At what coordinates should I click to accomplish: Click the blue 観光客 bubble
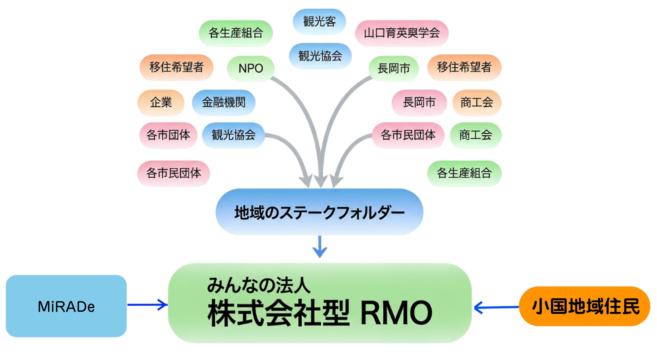(x=319, y=21)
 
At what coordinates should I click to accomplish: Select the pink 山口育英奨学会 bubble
(x=402, y=33)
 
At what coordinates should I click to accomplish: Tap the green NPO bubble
(x=251, y=68)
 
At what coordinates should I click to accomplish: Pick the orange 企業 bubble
(x=161, y=102)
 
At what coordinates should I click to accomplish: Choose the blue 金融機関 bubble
(x=224, y=102)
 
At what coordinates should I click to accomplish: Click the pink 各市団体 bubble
(x=168, y=135)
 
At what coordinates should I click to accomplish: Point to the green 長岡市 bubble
(x=394, y=68)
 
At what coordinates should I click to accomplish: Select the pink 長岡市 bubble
(x=419, y=102)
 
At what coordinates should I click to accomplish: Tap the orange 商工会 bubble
(x=476, y=102)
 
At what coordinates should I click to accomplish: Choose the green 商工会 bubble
(x=475, y=135)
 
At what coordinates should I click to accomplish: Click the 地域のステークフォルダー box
(x=319, y=212)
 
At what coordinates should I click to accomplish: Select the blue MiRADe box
(x=66, y=306)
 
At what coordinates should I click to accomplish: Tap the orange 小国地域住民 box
(x=585, y=306)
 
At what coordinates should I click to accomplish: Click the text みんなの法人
(x=259, y=285)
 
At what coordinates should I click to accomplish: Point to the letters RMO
(x=396, y=313)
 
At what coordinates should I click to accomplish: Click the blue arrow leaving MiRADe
(x=147, y=305)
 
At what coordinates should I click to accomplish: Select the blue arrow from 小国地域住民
(x=496, y=307)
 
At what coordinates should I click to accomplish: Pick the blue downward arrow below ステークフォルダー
(x=320, y=246)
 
